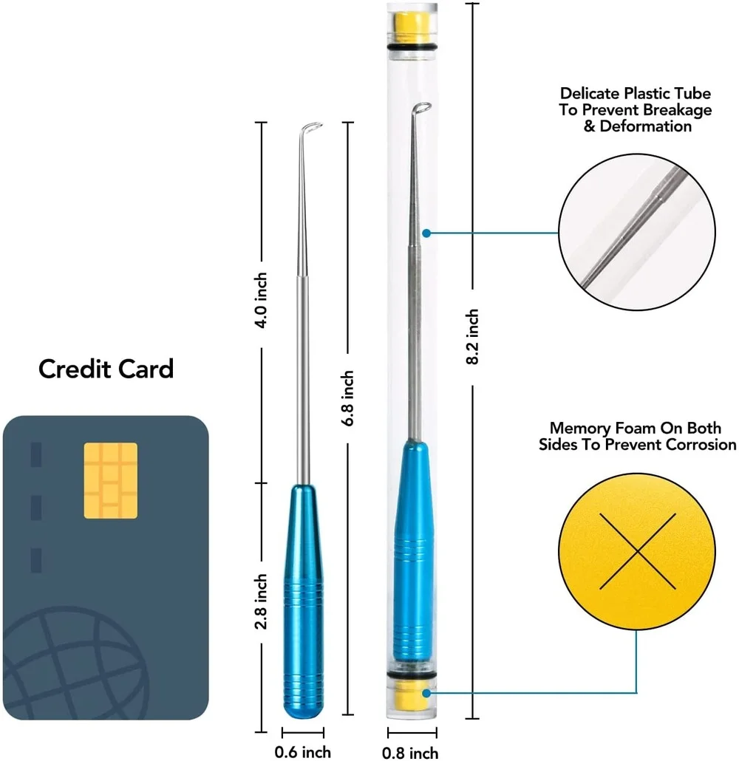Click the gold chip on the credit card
[110, 480]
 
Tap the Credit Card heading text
[106, 368]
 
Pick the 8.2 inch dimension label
[473, 337]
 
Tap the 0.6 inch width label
[302, 752]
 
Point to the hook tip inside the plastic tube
[423, 108]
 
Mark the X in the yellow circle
[638, 551]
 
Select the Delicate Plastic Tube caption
[636, 109]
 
